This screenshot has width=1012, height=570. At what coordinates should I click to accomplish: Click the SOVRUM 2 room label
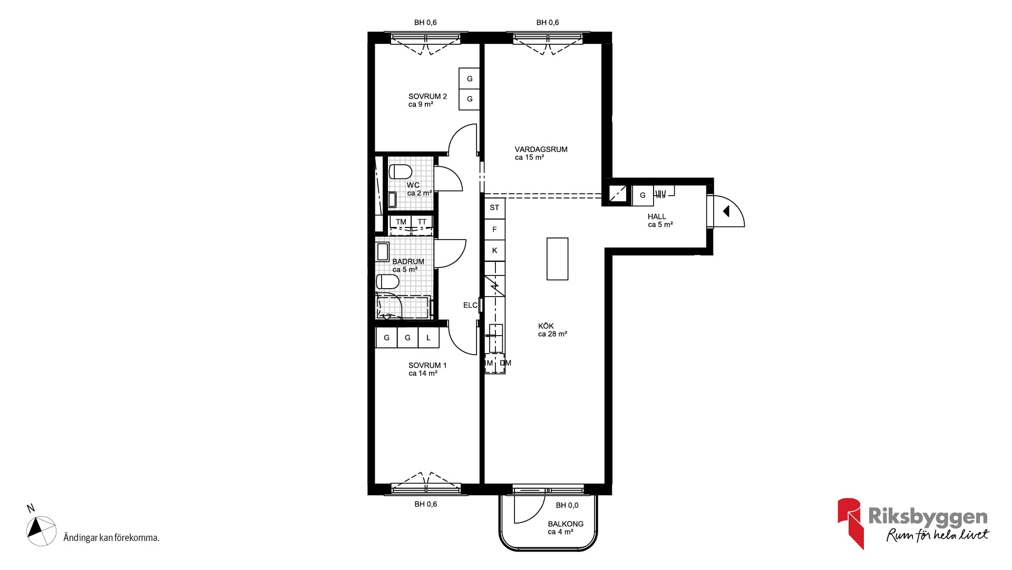[427, 97]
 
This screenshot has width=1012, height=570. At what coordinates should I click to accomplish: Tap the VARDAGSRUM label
[541, 149]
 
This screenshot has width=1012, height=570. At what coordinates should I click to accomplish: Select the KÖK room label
[546, 326]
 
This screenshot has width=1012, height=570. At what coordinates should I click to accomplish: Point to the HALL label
[657, 216]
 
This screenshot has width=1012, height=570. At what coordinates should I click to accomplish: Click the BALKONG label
[566, 524]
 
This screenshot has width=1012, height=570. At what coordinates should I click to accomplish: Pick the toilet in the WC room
[400, 172]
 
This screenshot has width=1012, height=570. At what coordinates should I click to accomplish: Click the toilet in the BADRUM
[387, 281]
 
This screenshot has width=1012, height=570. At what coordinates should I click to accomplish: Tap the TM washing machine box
[401, 222]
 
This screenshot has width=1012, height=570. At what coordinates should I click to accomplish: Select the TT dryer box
[422, 222]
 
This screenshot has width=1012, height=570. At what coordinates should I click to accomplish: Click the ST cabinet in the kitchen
[494, 208]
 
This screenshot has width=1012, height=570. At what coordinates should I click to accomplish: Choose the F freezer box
[494, 230]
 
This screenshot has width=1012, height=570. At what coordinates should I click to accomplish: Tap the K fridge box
[494, 251]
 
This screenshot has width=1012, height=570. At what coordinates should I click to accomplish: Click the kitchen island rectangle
[557, 259]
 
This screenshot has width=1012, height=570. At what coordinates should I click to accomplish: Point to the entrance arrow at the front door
[726, 211]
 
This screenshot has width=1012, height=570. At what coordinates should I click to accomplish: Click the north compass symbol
[41, 531]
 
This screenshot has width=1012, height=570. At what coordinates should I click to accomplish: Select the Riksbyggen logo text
[928, 517]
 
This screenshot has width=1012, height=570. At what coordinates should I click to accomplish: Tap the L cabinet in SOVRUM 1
[429, 338]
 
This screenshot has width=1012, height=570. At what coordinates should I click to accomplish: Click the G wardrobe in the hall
[643, 195]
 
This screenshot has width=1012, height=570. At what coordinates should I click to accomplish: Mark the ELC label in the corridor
[470, 305]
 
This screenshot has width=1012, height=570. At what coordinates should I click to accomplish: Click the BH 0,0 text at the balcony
[567, 505]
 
